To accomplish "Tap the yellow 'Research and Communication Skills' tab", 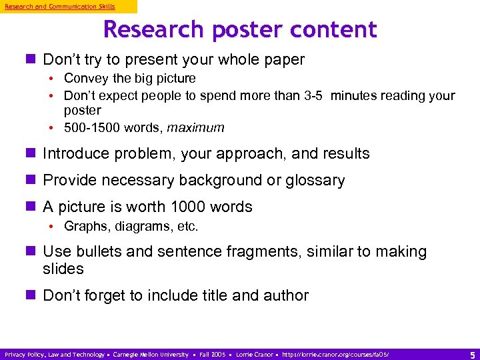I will click(x=61, y=6).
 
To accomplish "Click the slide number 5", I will click(x=472, y=354).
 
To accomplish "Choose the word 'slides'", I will click(x=63, y=269).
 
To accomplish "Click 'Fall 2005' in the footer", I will click(x=212, y=355).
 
